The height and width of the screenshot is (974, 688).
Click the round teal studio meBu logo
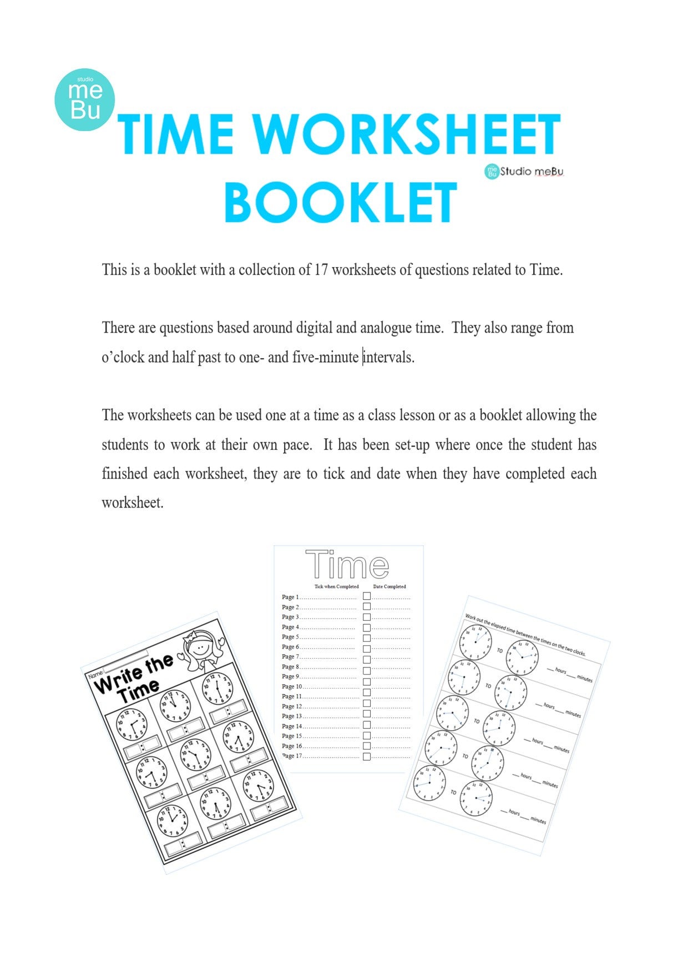[85, 100]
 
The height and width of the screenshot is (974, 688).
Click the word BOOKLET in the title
[340, 203]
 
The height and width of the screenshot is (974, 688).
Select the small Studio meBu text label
[531, 172]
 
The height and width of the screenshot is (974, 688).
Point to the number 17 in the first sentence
[321, 270]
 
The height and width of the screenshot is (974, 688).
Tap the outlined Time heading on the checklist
[347, 565]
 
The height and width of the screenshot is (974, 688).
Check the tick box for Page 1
[367, 596]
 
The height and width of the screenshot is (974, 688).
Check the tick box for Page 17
[367, 756]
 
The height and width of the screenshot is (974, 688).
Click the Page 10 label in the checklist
[291, 686]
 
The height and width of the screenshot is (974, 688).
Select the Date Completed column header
[389, 586]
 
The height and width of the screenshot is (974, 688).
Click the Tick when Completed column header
[336, 586]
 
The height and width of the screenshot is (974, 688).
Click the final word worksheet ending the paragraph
[132, 503]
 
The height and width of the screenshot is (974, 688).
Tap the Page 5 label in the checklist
[290, 637]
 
